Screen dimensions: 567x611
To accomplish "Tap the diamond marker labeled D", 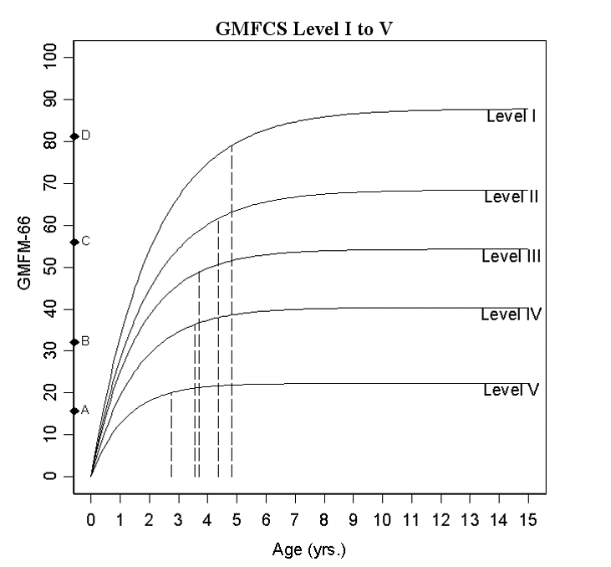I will pos(74,136).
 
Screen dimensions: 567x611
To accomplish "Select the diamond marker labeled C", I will pos(74,242).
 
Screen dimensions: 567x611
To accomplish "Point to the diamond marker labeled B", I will pos(74,342).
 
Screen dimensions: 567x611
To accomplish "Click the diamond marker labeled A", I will pos(74,411).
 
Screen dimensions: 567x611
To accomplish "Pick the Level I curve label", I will pos(511,117).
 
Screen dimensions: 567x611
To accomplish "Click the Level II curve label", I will pos(510,197).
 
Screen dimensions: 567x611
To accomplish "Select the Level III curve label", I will pos(511,256).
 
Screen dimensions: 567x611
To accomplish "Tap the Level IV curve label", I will pos(511,314).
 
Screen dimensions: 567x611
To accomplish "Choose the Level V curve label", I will pos(510,390).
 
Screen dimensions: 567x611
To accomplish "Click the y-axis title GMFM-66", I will pos(24,267).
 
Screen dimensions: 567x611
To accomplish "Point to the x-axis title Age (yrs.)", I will pos(308,550).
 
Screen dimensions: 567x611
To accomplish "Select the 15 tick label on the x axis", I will pos(527,519).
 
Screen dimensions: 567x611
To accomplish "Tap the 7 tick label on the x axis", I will pos(295,519).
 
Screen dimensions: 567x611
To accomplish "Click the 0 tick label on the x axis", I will pos(91,519).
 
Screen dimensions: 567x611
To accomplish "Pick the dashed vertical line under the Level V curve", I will pos(171,435).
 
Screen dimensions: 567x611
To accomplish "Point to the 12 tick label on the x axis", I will pos(440,519).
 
